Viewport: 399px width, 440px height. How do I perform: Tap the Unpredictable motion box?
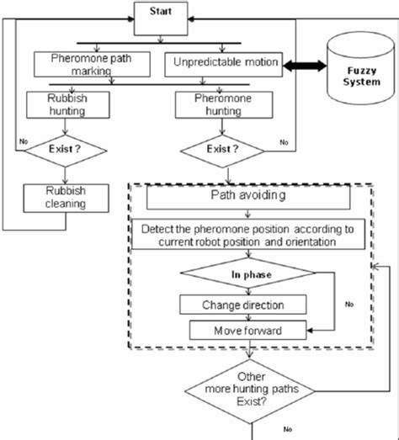(226, 63)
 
